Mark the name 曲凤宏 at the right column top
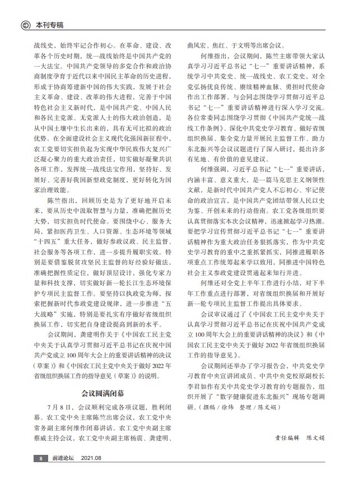tap(196, 44)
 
